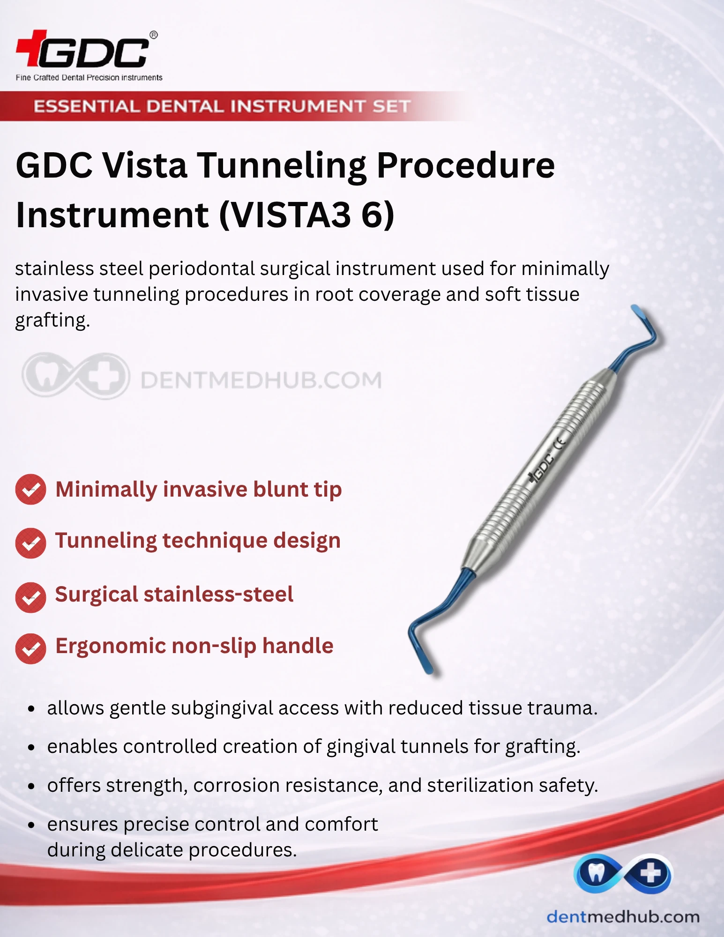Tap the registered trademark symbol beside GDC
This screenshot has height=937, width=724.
click(x=153, y=35)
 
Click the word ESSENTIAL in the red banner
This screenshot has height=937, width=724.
click(x=87, y=106)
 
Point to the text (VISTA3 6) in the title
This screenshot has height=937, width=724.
click(x=307, y=215)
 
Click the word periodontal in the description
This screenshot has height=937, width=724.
click(x=202, y=269)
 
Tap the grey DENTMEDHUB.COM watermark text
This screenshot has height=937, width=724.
click(x=261, y=380)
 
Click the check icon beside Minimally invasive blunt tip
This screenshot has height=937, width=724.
click(x=30, y=490)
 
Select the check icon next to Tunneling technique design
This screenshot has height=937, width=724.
click(x=30, y=543)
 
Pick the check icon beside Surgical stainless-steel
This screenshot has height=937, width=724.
click(x=30, y=597)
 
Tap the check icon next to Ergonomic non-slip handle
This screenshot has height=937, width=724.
click(x=30, y=648)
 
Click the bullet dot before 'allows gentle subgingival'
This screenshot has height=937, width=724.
click(x=31, y=709)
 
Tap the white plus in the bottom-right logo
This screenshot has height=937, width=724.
click(x=650, y=873)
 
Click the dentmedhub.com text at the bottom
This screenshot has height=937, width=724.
click(x=623, y=916)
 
